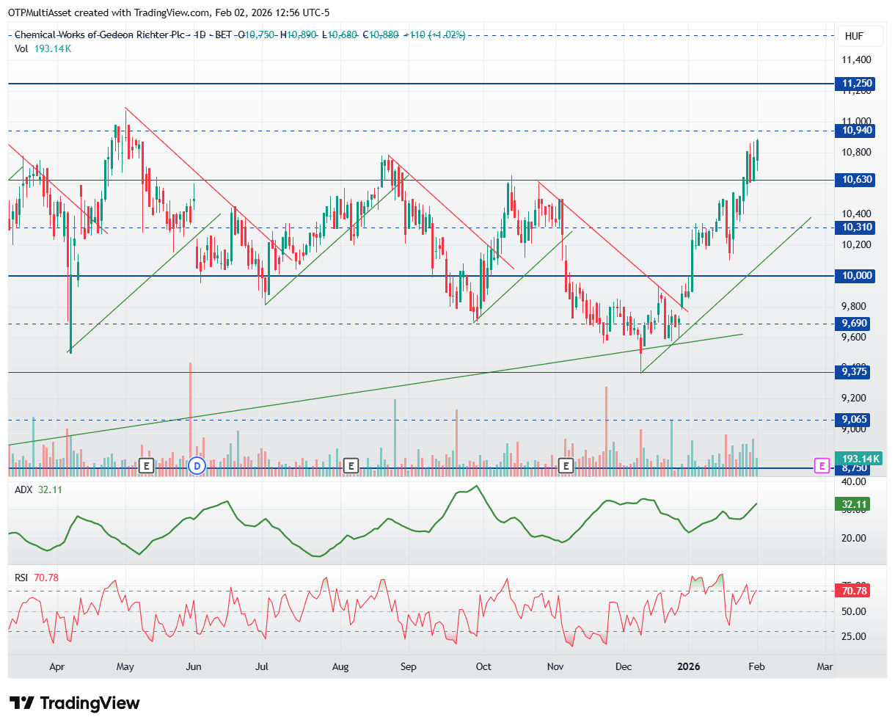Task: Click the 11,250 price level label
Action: [x=856, y=84]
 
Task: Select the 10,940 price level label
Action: [x=856, y=131]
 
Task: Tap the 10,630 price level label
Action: [x=856, y=180]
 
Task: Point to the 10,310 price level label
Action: [x=856, y=227]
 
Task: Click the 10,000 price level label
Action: [x=856, y=276]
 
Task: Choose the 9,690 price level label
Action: [x=856, y=324]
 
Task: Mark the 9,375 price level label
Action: [x=854, y=372]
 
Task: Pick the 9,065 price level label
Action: [x=854, y=420]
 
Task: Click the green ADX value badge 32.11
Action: [x=855, y=504]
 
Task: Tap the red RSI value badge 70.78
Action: [x=855, y=591]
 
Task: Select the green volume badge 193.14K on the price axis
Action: [x=861, y=459]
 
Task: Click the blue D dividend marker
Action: [x=196, y=465]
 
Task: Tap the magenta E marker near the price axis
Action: [x=822, y=465]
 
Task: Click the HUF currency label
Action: [x=853, y=36]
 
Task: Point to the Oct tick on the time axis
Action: [x=483, y=667]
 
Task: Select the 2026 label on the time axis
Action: [x=688, y=667]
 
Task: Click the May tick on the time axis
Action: [x=125, y=667]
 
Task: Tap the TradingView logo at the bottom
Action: [x=74, y=703]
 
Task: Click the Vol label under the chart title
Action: [x=21, y=48]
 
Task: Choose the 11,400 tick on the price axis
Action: [x=856, y=60]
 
